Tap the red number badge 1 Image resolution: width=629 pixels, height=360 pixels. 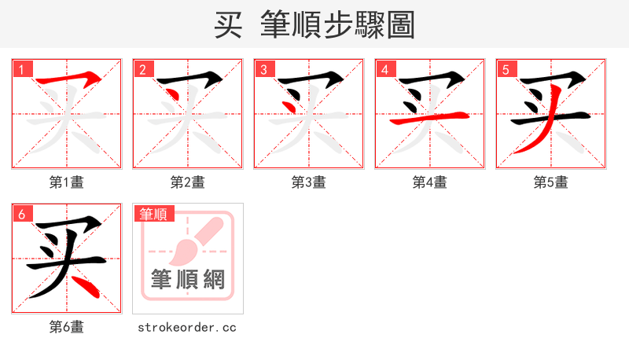coord(21,69)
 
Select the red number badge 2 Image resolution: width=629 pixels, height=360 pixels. coord(142,69)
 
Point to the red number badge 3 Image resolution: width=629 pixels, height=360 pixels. coord(263,69)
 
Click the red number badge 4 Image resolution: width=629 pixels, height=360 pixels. coord(384,69)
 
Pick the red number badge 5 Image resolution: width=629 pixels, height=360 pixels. coord(506,69)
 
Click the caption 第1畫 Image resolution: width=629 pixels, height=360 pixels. coord(67,182)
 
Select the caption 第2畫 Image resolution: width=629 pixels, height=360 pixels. coord(188,182)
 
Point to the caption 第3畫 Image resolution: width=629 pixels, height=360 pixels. coord(309,182)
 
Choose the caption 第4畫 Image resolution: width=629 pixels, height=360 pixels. coord(430,182)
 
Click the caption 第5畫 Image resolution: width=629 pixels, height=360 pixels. coord(551,182)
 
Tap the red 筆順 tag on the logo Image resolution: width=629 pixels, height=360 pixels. coord(153,214)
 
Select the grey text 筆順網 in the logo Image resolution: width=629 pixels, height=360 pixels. coord(188,279)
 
